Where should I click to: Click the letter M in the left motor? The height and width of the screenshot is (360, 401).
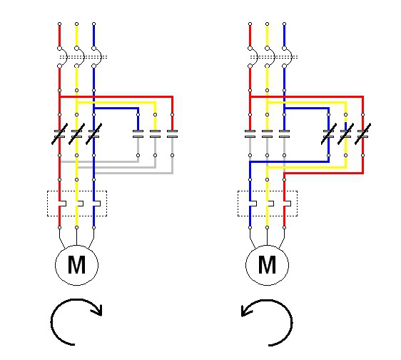pyautogui.click(x=76, y=264)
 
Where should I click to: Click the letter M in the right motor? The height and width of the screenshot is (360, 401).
pyautogui.click(x=267, y=264)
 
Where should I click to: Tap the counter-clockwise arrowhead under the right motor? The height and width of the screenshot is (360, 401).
pyautogui.click(x=247, y=310)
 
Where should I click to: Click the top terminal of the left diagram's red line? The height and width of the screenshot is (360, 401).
pyautogui.click(x=60, y=24)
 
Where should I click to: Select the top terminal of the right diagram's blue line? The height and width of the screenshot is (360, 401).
pyautogui.click(x=285, y=24)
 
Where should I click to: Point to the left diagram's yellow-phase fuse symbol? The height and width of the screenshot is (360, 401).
pyautogui.click(x=79, y=57)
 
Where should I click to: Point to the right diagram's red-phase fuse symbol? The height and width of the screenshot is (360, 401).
pyautogui.click(x=253, y=57)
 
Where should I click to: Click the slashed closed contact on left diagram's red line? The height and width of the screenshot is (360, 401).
pyautogui.click(x=60, y=134)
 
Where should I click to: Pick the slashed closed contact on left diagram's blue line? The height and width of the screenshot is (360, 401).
pyautogui.click(x=94, y=134)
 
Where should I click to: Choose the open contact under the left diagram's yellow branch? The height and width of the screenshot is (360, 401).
pyautogui.click(x=155, y=134)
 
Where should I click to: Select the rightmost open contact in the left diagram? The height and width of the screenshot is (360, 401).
pyautogui.click(x=172, y=134)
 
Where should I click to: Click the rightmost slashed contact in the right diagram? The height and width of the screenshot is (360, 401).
pyautogui.click(x=363, y=134)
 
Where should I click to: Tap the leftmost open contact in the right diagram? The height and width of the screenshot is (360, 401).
pyautogui.click(x=250, y=134)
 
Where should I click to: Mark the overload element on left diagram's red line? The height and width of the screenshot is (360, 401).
pyautogui.click(x=62, y=204)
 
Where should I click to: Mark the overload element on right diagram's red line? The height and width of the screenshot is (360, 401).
pyautogui.click(x=287, y=204)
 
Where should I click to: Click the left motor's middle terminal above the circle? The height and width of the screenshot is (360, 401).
pyautogui.click(x=77, y=227)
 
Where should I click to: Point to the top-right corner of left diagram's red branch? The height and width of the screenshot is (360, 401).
pyautogui.click(x=173, y=96)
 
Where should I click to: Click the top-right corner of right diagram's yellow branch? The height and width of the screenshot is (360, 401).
pyautogui.click(x=346, y=102)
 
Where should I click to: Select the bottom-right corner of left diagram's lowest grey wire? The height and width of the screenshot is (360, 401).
pyautogui.click(x=173, y=174)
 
